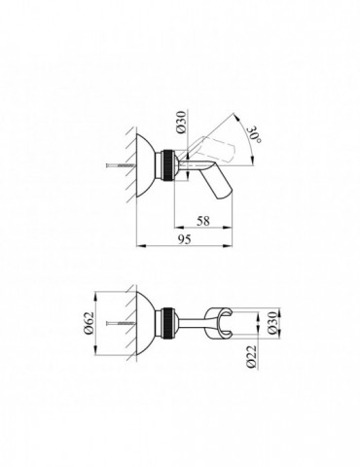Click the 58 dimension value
point(203,221)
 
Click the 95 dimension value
point(184,239)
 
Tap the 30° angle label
point(255,135)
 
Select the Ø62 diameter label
point(89,323)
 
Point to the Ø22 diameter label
point(251,357)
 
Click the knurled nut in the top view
point(167,164)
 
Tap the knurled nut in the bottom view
point(167,323)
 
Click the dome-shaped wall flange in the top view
point(145,165)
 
